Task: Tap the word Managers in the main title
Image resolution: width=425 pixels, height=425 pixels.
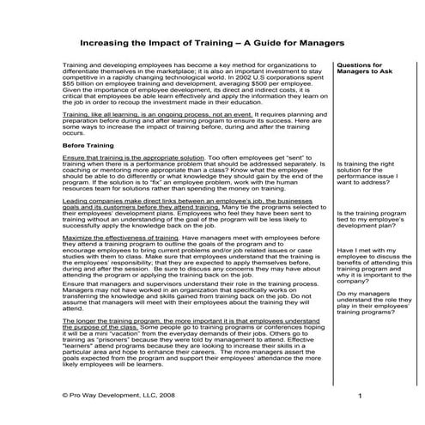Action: [x=319, y=40]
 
